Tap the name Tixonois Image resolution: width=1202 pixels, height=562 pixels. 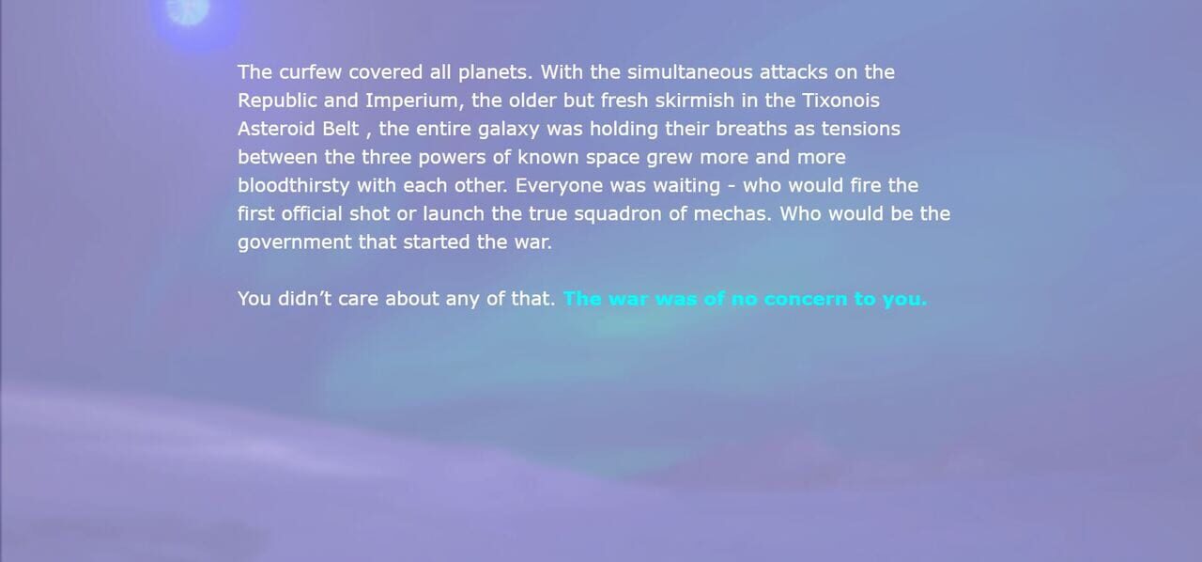(x=840, y=101)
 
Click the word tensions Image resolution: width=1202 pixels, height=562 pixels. (x=861, y=129)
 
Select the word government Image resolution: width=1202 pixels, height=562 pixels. (x=295, y=242)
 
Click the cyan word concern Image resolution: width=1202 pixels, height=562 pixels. (x=805, y=300)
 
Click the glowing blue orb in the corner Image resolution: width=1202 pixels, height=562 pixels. (x=188, y=11)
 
